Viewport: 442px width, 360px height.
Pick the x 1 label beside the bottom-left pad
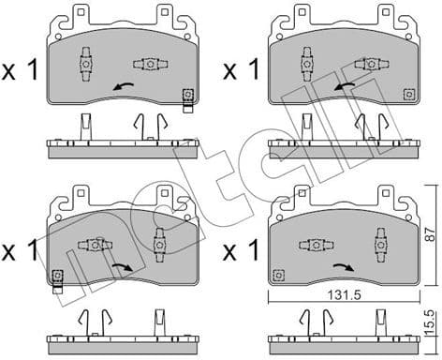[x=19, y=251]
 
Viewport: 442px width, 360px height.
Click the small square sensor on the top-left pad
[x=187, y=95]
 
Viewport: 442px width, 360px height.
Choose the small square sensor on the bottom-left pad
[x=58, y=275]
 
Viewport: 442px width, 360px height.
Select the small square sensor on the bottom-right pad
[x=278, y=275]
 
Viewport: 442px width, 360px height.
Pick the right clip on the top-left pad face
[x=150, y=65]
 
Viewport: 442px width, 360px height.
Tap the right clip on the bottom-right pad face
[x=379, y=246]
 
